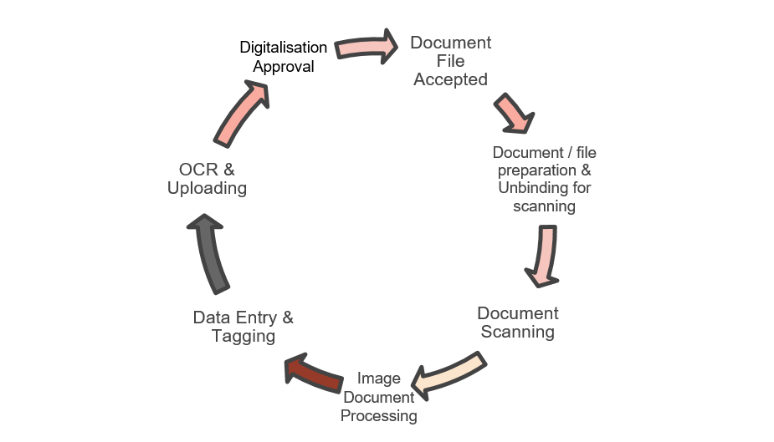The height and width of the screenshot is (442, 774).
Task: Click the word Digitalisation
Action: [x=284, y=48]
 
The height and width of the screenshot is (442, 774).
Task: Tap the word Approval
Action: [x=284, y=66]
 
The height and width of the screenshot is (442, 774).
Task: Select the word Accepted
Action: [x=450, y=79]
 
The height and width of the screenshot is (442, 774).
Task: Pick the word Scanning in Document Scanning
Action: [x=517, y=332]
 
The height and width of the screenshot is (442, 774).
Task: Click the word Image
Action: [x=378, y=378]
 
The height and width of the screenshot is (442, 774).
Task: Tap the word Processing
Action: [x=378, y=415]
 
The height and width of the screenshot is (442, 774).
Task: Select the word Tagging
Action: [x=243, y=336]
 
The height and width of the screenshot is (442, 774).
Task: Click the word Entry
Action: [x=250, y=318]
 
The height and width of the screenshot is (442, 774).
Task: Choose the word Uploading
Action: [x=207, y=188]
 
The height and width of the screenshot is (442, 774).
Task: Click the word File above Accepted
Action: [x=450, y=61]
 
